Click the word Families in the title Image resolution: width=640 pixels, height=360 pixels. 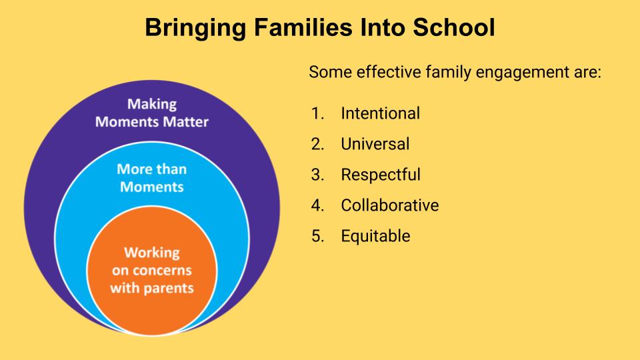point(303,27)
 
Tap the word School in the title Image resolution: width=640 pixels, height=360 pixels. point(454,27)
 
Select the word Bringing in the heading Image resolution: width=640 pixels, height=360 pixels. point(195,29)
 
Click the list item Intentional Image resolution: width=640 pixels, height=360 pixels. point(381,113)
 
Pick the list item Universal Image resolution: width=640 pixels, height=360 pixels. point(375,144)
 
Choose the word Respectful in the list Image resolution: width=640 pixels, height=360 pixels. point(381,175)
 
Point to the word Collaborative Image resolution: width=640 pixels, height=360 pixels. point(390,205)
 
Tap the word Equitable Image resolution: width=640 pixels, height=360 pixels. point(375,236)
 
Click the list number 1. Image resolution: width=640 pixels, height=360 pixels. point(317,113)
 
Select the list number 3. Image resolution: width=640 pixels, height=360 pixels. point(317,175)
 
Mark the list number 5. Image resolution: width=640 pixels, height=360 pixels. point(317,236)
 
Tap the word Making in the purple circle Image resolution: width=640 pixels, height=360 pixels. point(152,104)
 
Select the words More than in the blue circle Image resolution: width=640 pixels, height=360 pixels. point(152,169)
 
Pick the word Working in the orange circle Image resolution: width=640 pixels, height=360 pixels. point(152,253)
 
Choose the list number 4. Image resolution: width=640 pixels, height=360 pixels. point(317,205)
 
